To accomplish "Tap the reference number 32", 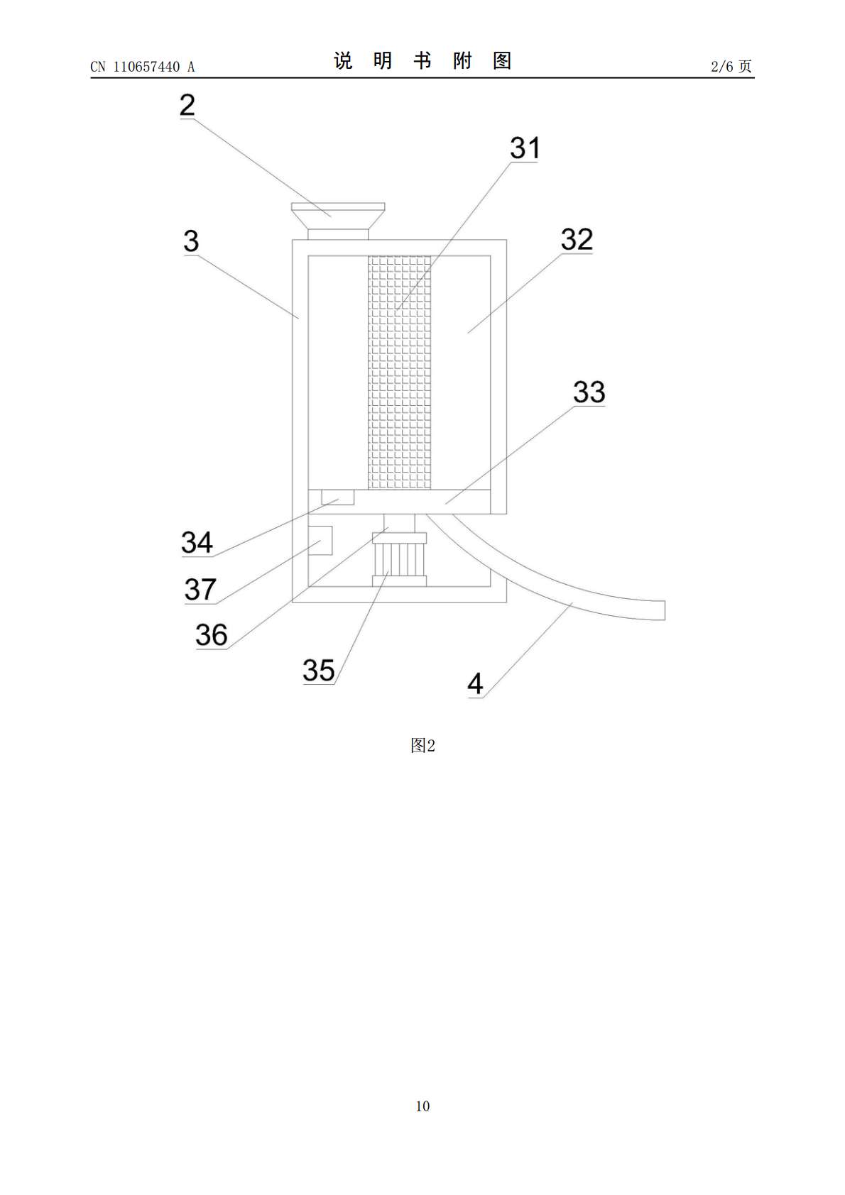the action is click(577, 239).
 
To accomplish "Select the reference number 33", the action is click(589, 392).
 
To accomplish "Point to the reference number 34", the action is click(197, 542).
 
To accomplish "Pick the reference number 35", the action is click(319, 670).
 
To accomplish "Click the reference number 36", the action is click(212, 635).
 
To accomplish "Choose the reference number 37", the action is click(200, 590).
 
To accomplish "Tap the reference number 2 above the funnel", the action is click(187, 105).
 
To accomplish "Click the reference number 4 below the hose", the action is click(475, 683).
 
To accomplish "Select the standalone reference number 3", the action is click(191, 241).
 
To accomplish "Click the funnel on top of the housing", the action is click(338, 221).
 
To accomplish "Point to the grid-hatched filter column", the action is click(399, 373).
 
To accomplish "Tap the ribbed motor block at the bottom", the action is click(399, 560).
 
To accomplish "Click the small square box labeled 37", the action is click(320, 541).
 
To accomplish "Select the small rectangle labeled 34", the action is click(337, 497).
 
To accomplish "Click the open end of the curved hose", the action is click(665, 610).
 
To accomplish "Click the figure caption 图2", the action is click(422, 745).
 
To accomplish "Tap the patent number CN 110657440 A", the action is click(143, 67).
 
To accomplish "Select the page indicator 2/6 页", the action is click(731, 66).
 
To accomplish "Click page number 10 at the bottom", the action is click(422, 1106).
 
